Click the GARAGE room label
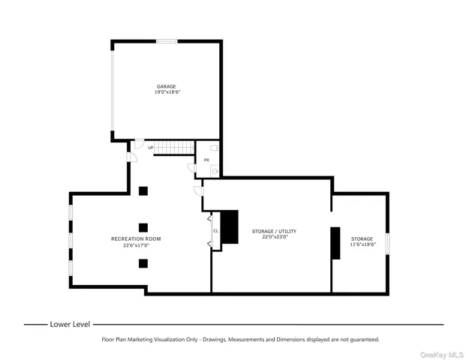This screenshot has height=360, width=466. tap(166, 86)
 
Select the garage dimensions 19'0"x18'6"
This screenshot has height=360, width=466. tap(167, 92)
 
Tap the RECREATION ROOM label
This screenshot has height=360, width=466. tap(136, 238)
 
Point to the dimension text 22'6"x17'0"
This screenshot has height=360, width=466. tap(136, 245)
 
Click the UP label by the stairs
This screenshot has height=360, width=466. tap(151, 148)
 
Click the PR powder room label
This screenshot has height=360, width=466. tap(206, 160)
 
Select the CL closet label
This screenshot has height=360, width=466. tap(215, 231)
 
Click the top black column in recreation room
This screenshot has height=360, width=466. tap(143, 190)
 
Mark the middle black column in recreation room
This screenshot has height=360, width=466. tap(143, 226)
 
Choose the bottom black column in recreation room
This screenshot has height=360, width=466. tap(143, 262)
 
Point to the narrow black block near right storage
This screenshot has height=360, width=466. tap(335, 243)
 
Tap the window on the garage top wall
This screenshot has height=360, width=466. tap(167, 40)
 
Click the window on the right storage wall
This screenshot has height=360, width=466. tap(388, 244)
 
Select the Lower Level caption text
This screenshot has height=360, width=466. tap(70, 325)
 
